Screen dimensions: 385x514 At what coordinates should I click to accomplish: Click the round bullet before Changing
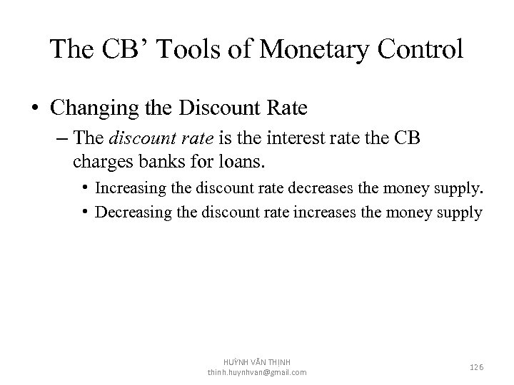tap(36, 109)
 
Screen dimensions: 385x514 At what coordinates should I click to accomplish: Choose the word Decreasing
tap(131, 212)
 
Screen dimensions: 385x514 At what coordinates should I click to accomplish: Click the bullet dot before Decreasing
tap(85, 212)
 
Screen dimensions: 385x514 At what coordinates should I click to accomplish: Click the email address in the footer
tap(257, 372)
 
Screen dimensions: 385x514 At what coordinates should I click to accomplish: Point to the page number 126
tap(476, 366)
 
